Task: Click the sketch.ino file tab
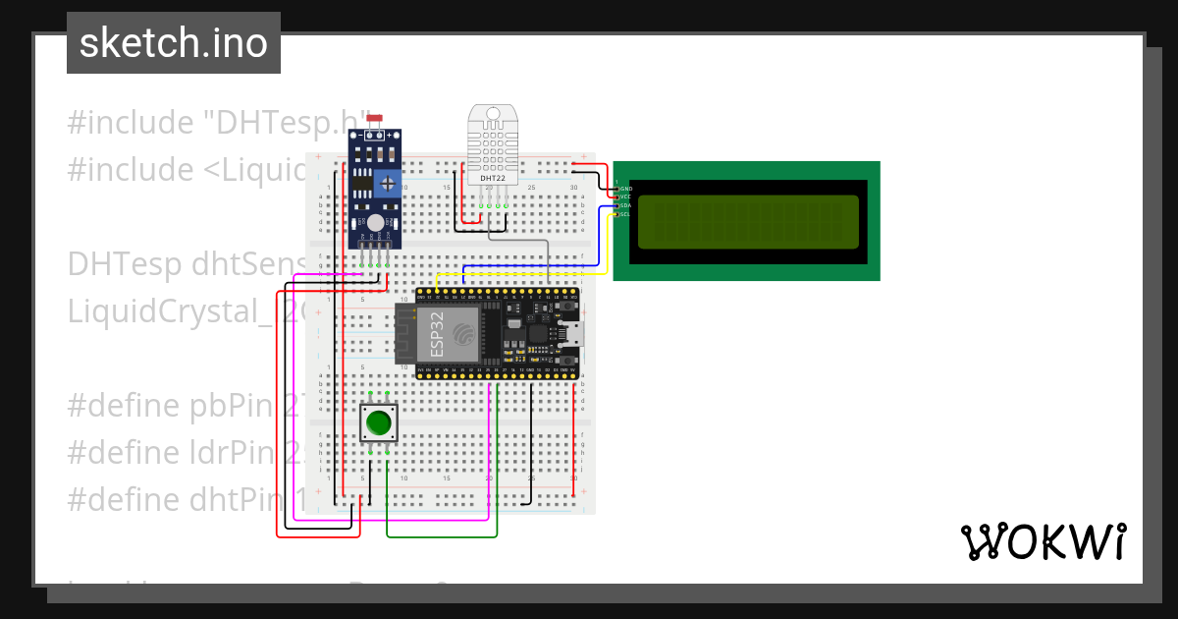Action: coord(173,43)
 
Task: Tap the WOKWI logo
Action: coord(1043,541)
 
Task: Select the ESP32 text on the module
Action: coord(437,334)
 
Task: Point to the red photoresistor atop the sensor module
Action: coord(374,119)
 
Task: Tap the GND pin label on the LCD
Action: coord(625,189)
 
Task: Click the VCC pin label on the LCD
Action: coord(625,197)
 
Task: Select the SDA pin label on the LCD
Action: coord(625,205)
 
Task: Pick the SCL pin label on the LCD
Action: coord(625,213)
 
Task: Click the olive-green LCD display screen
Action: coord(748,221)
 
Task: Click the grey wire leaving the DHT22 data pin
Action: coord(530,241)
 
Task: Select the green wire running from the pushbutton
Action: coord(442,536)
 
